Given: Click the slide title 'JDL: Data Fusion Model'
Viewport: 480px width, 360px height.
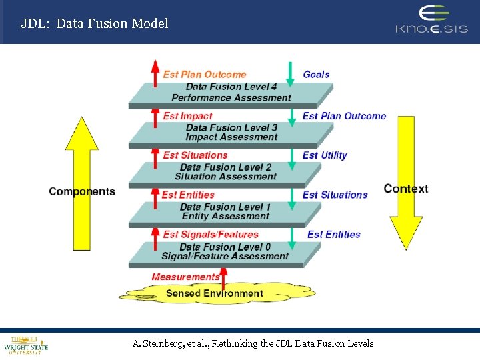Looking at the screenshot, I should pyautogui.click(x=94, y=23).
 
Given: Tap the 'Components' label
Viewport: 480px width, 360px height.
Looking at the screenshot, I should pyautogui.click(x=82, y=192).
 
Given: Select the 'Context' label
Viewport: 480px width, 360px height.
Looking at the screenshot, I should pyautogui.click(x=405, y=189).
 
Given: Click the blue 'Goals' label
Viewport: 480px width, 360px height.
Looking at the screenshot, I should pyautogui.click(x=316, y=75).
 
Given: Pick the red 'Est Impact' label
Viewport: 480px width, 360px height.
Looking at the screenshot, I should pyautogui.click(x=187, y=116).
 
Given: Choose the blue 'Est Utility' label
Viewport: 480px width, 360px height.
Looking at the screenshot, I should pyautogui.click(x=325, y=155).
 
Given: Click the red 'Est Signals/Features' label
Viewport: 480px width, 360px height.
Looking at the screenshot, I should pyautogui.click(x=210, y=234).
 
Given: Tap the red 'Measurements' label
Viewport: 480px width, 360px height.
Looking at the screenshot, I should pyautogui.click(x=185, y=277).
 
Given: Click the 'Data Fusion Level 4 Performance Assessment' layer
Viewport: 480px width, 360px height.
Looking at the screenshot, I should pyautogui.click(x=231, y=93).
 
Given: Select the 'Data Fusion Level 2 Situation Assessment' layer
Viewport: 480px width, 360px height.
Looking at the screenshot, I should pyautogui.click(x=225, y=172).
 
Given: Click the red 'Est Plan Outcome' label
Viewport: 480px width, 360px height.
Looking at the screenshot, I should pyautogui.click(x=204, y=75).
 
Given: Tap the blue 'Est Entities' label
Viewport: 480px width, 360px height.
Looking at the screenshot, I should pyautogui.click(x=333, y=234).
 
